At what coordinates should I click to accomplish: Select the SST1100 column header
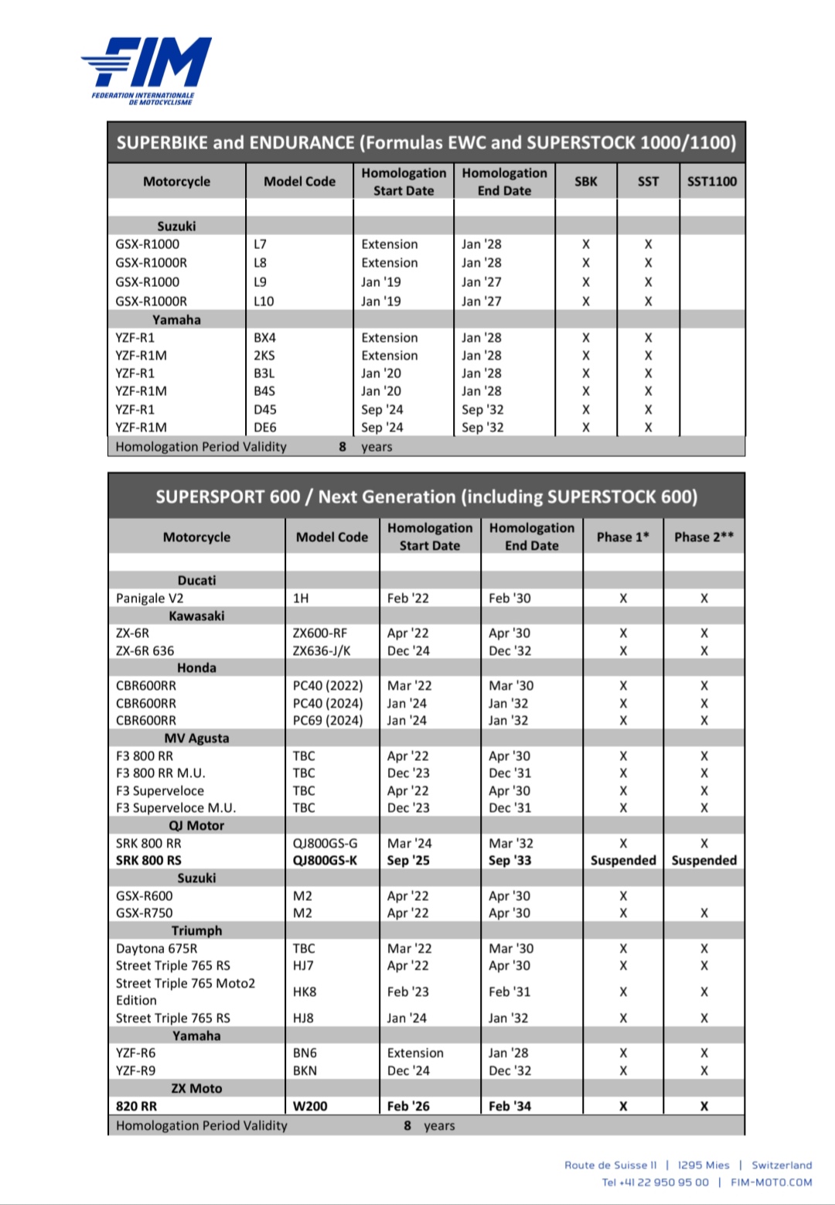[711, 182]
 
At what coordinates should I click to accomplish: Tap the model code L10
[264, 302]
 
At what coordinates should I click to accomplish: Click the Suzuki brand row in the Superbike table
[176, 226]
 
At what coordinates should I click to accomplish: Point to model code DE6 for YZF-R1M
[265, 427]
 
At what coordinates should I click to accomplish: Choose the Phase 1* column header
[622, 537]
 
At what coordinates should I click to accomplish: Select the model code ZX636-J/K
[322, 650]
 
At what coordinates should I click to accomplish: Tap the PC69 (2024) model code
[328, 720]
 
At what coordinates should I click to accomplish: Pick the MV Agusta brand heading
[196, 738]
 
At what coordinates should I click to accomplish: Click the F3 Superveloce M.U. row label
[176, 807]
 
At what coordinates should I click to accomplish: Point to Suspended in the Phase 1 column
[623, 860]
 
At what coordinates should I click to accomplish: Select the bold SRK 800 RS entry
[148, 860]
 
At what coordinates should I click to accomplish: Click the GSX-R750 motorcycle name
[145, 913]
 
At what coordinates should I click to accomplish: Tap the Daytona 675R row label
[156, 948]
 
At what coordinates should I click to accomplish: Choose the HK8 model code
[304, 992]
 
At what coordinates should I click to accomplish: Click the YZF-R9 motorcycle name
[135, 1070]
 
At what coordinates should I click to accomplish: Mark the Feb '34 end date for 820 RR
[510, 1106]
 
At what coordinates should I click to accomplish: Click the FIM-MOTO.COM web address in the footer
[771, 1182]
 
